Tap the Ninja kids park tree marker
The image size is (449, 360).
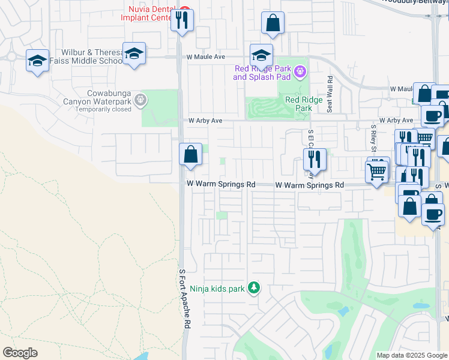[x=255, y=289]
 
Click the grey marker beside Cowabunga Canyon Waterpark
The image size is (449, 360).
[x=140, y=100]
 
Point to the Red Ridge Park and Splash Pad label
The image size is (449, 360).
[x=262, y=73]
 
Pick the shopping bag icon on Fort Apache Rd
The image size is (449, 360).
[x=190, y=155]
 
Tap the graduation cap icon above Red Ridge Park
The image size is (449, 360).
[x=261, y=56]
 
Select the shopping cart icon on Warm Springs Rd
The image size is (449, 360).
[x=377, y=172]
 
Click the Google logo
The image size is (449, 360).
[x=20, y=353]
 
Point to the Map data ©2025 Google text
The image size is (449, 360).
[x=412, y=355]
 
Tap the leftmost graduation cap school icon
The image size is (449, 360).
[x=37, y=61]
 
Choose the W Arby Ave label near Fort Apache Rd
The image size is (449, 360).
[x=205, y=121]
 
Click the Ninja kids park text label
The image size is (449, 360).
[x=217, y=289]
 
